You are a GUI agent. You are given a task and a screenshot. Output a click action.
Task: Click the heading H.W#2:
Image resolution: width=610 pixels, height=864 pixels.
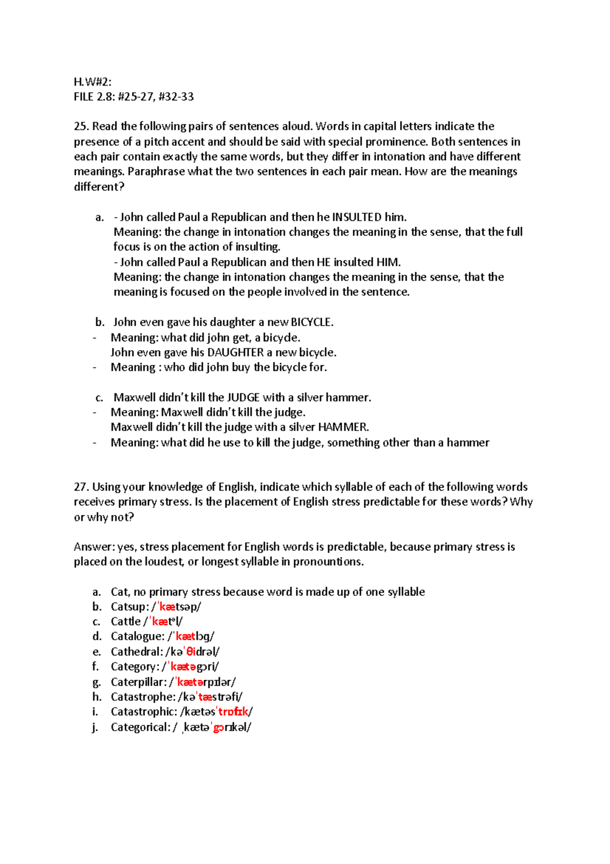[92, 82]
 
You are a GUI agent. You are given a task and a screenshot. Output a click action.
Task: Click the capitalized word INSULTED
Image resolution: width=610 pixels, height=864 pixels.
[357, 217]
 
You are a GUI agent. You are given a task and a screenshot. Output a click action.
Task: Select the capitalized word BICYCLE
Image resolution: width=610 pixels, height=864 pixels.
[312, 322]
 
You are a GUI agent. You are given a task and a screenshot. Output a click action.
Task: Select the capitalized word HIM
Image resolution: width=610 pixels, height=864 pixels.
[388, 262]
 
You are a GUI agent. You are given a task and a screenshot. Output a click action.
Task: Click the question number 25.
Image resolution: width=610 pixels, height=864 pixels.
[81, 126]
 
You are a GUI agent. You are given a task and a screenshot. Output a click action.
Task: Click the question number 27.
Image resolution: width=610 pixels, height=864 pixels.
[81, 487]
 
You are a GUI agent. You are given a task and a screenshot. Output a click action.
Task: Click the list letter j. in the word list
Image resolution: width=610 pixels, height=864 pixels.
[95, 727]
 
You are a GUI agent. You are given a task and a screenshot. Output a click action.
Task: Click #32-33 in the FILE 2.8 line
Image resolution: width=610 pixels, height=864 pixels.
[176, 97]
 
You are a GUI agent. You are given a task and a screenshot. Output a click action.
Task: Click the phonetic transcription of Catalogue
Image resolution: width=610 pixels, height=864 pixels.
[191, 637]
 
